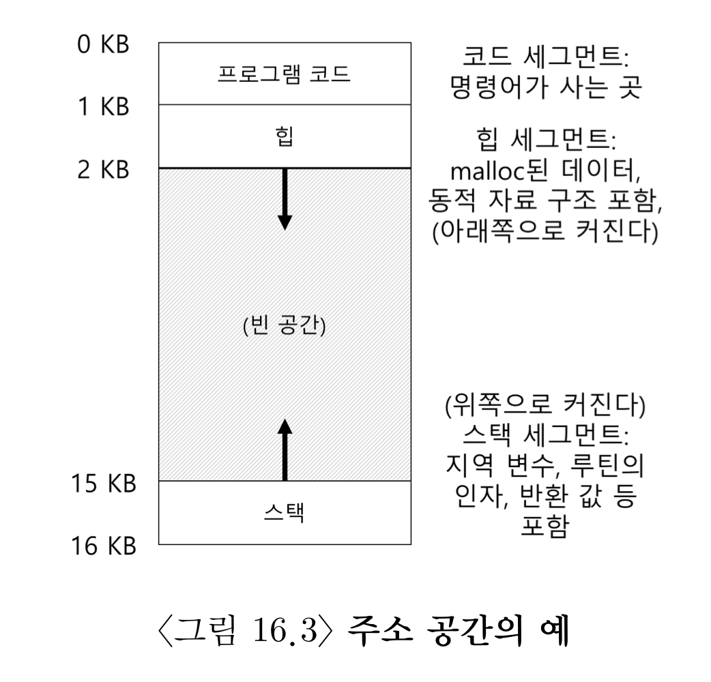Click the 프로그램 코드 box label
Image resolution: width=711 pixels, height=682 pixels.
pyautogui.click(x=285, y=74)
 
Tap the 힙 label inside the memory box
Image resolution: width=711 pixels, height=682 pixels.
pyautogui.click(x=285, y=136)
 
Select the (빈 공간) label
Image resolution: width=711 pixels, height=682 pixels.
pyautogui.click(x=285, y=324)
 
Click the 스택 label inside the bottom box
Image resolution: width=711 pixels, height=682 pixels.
pyautogui.click(x=285, y=513)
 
